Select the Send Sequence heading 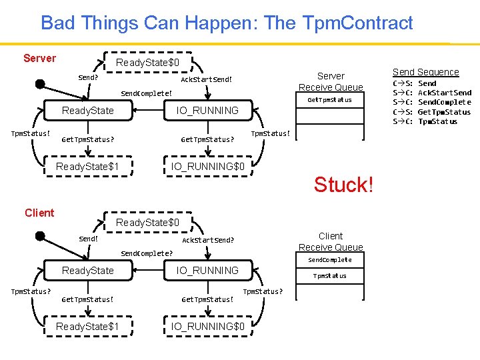coord(425,72)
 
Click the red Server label coord(39,58)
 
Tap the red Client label coord(39,213)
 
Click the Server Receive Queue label coord(331,81)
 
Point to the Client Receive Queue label coord(331,241)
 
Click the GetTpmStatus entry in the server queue coord(329,100)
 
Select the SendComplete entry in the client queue coord(330,259)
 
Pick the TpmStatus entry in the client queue coord(330,275)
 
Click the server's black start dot coord(40,84)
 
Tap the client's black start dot coord(40,236)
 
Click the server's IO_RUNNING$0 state coord(208,166)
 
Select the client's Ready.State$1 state coord(87,326)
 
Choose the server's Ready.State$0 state coord(147,63)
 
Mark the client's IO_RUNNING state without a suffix coord(207,270)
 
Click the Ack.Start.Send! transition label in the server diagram coord(207,80)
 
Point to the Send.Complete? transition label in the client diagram coord(146,253)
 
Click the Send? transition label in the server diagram coord(88,77)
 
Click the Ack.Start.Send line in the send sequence coord(444,93)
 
